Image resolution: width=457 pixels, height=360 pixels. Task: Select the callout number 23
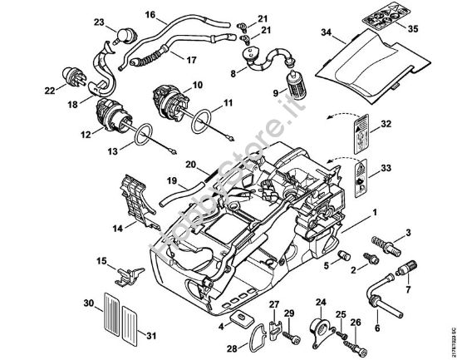point(99,22)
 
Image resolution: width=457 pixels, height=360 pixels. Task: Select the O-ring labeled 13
point(142,132)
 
